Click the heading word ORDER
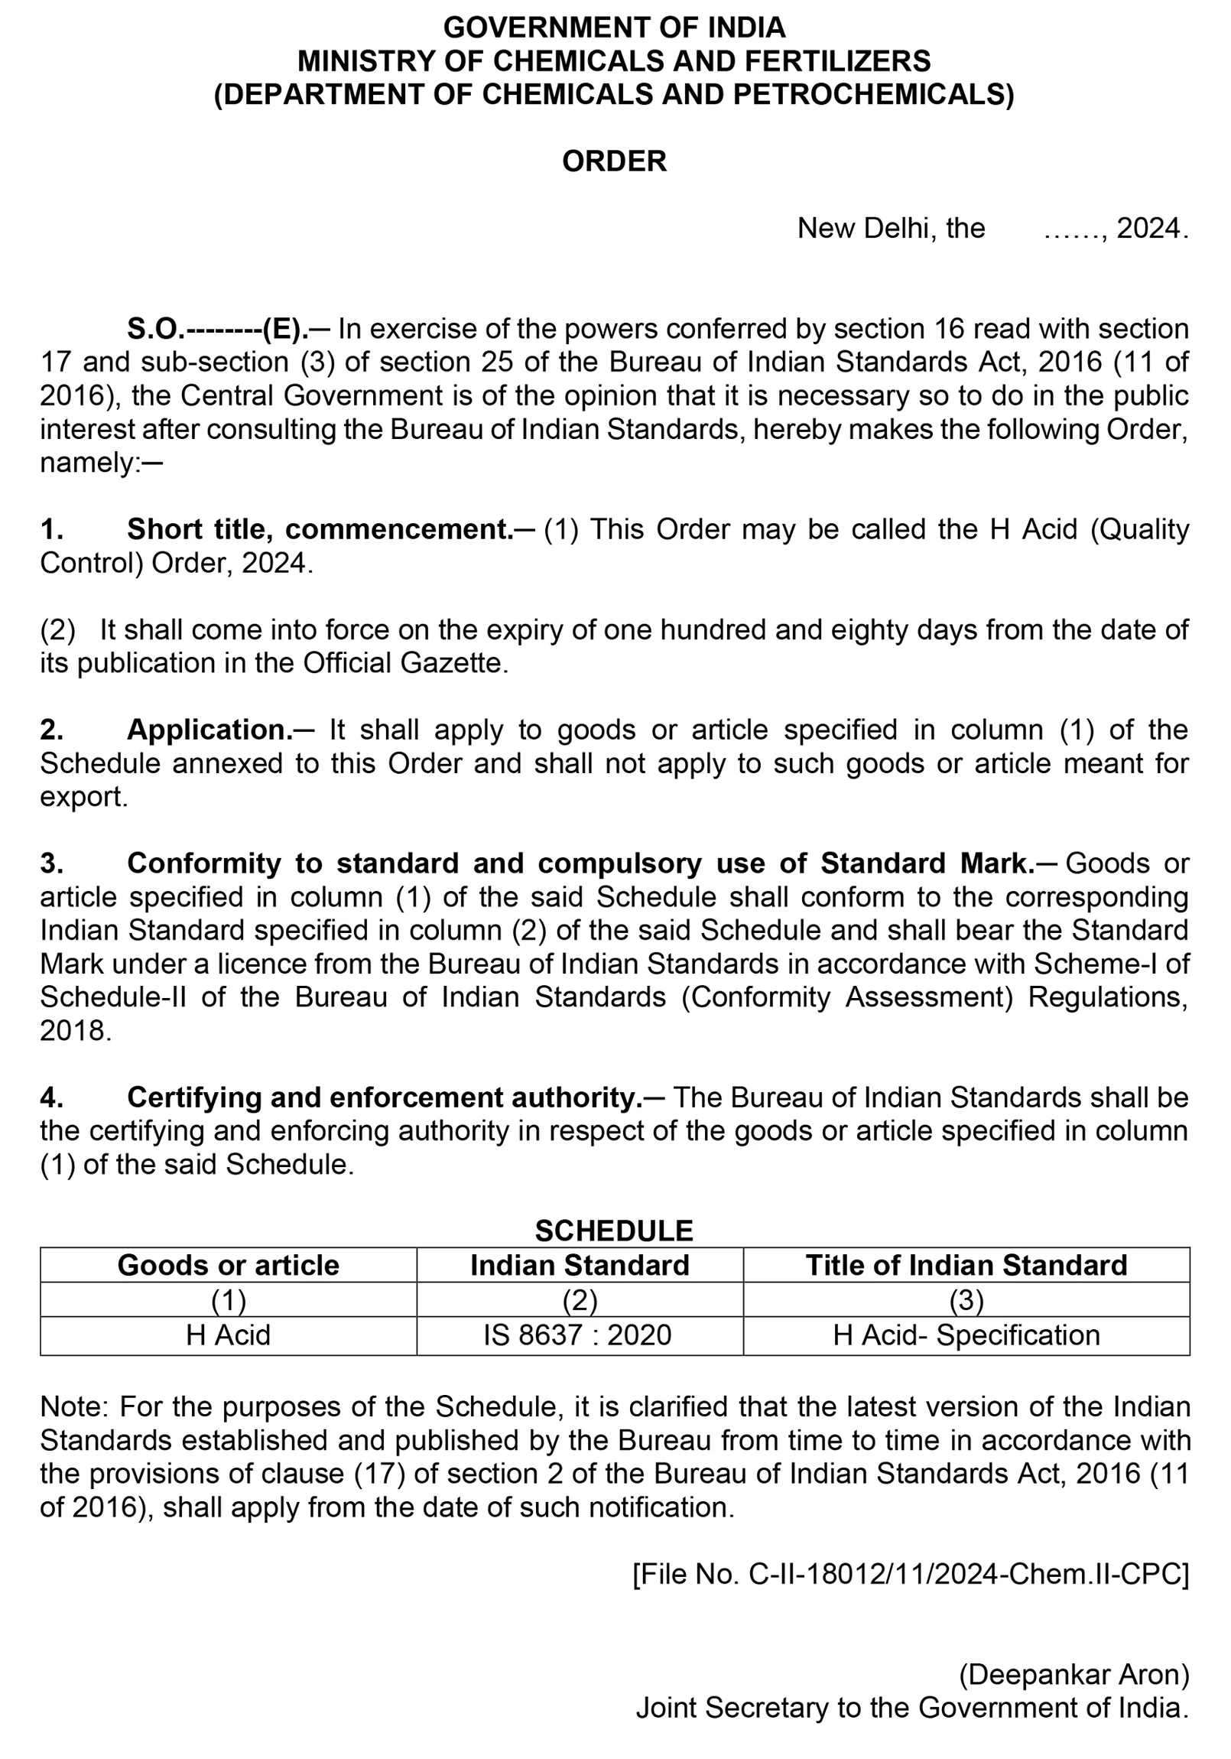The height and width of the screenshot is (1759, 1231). coord(614,161)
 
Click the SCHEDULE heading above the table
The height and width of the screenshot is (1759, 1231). coord(614,1231)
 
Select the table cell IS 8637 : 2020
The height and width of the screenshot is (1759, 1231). coord(577,1335)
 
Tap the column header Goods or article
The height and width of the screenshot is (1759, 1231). coord(229,1266)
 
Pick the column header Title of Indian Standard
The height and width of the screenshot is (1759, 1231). coord(966,1266)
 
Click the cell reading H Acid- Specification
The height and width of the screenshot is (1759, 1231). coord(966,1335)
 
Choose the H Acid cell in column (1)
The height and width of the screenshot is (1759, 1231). coord(229,1335)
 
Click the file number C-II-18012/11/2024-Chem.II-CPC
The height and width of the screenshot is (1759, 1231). coord(911,1575)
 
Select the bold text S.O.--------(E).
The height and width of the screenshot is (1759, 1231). coord(218,330)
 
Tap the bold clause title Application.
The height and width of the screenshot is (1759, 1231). coord(209,730)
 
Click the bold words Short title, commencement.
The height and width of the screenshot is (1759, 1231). coord(320,529)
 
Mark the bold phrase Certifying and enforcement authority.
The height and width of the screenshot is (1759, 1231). coord(385,1097)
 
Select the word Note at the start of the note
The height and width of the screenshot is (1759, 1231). coord(74,1407)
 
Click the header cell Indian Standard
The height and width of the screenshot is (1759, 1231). coord(580,1266)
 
